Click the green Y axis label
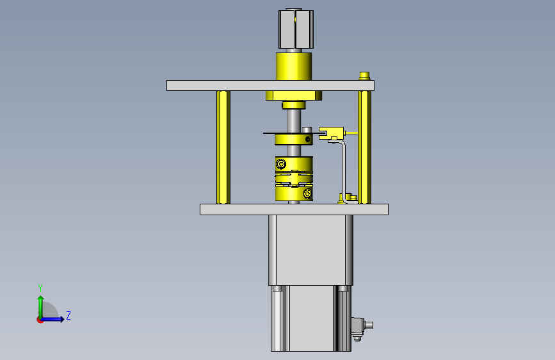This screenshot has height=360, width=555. pyautogui.click(x=40, y=288)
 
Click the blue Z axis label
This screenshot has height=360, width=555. pyautogui.click(x=68, y=315)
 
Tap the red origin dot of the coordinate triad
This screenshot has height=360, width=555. pyautogui.click(x=40, y=320)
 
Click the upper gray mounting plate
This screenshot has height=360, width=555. pyautogui.click(x=270, y=86)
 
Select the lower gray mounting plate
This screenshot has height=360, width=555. pyautogui.click(x=294, y=209)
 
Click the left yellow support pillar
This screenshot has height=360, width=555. pyautogui.click(x=223, y=147)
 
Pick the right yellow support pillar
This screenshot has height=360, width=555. pyautogui.click(x=364, y=147)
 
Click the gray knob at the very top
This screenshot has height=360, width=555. pyautogui.click(x=296, y=29)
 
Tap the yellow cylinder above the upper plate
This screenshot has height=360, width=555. pyautogui.click(x=294, y=67)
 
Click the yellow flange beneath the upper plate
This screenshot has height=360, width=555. pyautogui.click(x=294, y=95)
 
